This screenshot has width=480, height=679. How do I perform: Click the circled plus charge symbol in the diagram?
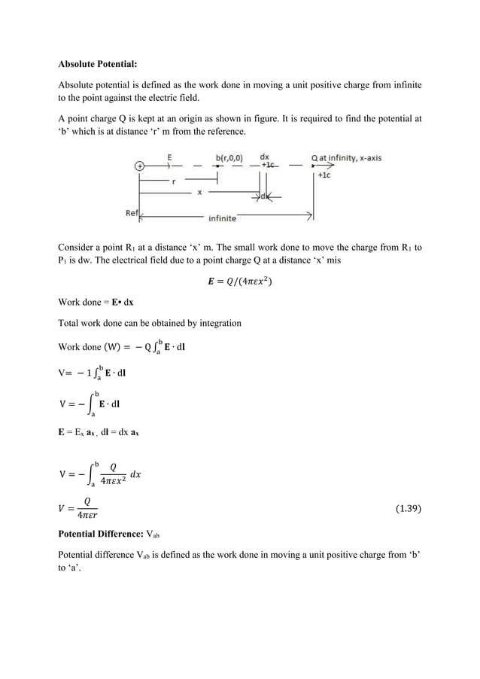point(139,166)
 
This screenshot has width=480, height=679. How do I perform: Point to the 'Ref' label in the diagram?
point(131,213)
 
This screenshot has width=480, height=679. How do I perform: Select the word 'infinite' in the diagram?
point(222,218)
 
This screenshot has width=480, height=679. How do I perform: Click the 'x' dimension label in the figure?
point(199,192)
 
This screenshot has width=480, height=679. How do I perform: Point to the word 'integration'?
point(218,323)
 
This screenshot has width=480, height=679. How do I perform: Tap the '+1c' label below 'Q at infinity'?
point(324,174)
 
